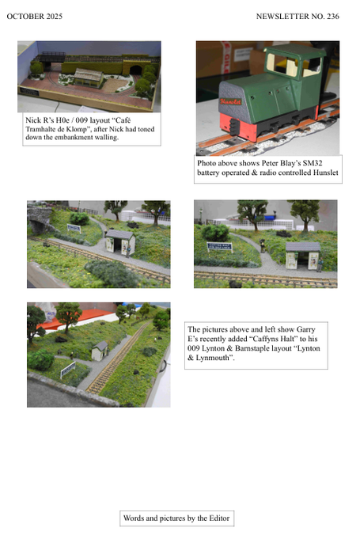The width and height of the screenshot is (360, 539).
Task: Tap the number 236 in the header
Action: click(333, 16)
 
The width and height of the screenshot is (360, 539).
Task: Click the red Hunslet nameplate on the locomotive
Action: click(230, 101)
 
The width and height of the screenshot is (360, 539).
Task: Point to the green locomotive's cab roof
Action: click(295, 50)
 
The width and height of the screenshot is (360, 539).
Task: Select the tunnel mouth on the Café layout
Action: click(135, 70)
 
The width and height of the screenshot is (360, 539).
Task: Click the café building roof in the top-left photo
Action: click(89, 74)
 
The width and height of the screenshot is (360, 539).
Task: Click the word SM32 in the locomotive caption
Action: click(313, 163)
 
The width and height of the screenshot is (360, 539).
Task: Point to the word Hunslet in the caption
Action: click(326, 173)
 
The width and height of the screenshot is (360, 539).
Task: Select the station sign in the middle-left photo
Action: click(74, 228)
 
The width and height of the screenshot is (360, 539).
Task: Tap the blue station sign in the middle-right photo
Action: click(219, 246)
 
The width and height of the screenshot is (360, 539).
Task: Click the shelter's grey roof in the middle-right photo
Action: click(303, 246)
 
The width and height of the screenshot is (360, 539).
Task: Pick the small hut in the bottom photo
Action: click(100, 351)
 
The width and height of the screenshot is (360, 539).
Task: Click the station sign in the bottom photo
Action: click(68, 370)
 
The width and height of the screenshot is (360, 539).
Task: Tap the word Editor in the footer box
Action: click(218, 518)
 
